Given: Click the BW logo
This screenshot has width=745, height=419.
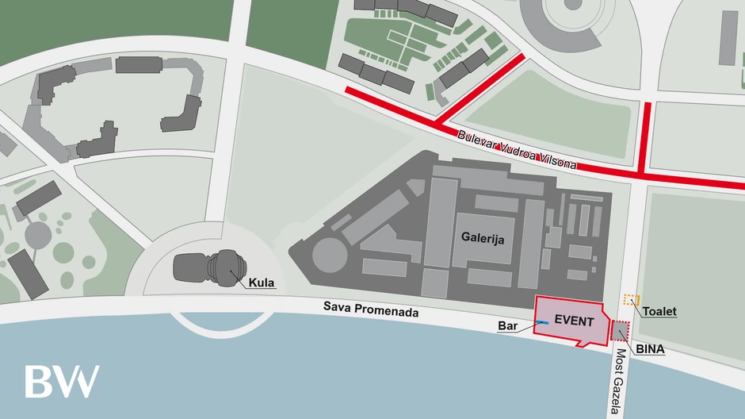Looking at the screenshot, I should click(62, 381).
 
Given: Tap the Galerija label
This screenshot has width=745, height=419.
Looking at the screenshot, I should click(483, 236).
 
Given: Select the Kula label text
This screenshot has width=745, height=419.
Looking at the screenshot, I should click(262, 283).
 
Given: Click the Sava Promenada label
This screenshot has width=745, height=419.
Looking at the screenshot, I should click(370, 310).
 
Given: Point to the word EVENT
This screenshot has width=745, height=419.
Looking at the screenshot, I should click(575, 321).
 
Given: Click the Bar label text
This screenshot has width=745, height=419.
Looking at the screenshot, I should click(507, 325).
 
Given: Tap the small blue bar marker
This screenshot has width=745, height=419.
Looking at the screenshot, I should click(542, 322).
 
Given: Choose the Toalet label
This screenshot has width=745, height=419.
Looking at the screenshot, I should click(659, 311).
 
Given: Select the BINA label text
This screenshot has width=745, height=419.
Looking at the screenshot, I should click(649, 348).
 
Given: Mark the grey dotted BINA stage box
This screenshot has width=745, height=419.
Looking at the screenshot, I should click(620, 333).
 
